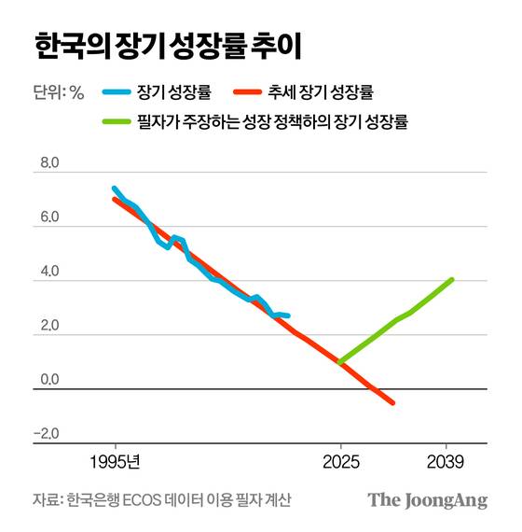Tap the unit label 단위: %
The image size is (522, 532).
click(59, 91)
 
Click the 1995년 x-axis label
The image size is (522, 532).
click(116, 462)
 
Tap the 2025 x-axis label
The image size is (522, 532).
click(340, 462)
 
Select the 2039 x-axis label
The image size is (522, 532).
click(448, 462)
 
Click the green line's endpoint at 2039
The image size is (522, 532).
click(452, 279)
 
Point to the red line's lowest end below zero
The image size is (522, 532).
click(392, 402)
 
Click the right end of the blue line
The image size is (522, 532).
click(288, 316)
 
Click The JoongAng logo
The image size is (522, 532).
click(427, 499)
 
